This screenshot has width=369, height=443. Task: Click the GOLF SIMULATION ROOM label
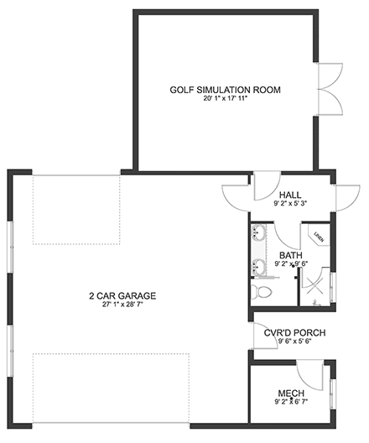click(225, 90)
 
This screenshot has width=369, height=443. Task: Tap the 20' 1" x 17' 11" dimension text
click(225, 99)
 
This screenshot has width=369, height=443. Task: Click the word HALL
click(290, 194)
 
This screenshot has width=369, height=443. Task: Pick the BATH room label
click(291, 256)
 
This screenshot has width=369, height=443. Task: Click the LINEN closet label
click(319, 237)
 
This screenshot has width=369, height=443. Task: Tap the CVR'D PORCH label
click(294, 332)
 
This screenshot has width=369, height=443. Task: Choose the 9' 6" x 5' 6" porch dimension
click(294, 341)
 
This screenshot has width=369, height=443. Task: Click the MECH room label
click(290, 393)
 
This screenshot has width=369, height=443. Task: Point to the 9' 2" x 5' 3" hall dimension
click(290, 202)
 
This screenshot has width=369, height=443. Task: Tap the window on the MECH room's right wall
click(333, 393)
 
